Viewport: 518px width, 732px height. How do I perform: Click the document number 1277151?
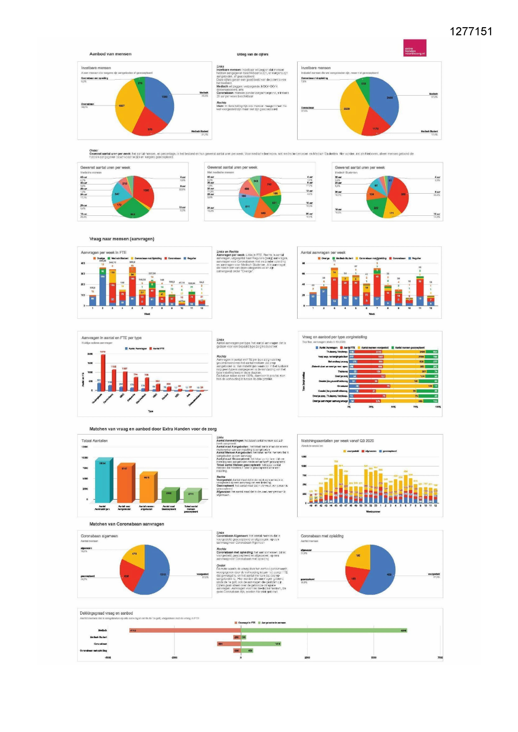click(x=471, y=32)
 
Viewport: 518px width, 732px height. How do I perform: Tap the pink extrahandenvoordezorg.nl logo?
click(x=414, y=48)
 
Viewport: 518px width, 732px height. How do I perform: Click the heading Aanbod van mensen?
click(x=110, y=54)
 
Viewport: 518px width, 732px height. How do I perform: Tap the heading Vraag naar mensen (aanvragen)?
click(x=121, y=239)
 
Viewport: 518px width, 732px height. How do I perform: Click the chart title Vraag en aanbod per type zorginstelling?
click(x=334, y=337)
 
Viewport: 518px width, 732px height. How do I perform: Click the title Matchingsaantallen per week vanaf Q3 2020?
click(x=337, y=441)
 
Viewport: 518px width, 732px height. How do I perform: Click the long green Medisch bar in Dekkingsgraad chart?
click(x=323, y=630)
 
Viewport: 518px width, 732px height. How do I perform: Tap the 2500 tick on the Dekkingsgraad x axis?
click(x=307, y=657)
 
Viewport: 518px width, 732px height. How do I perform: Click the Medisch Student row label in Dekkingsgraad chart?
click(x=99, y=637)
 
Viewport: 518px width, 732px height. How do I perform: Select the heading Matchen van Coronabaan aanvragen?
click(x=126, y=524)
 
